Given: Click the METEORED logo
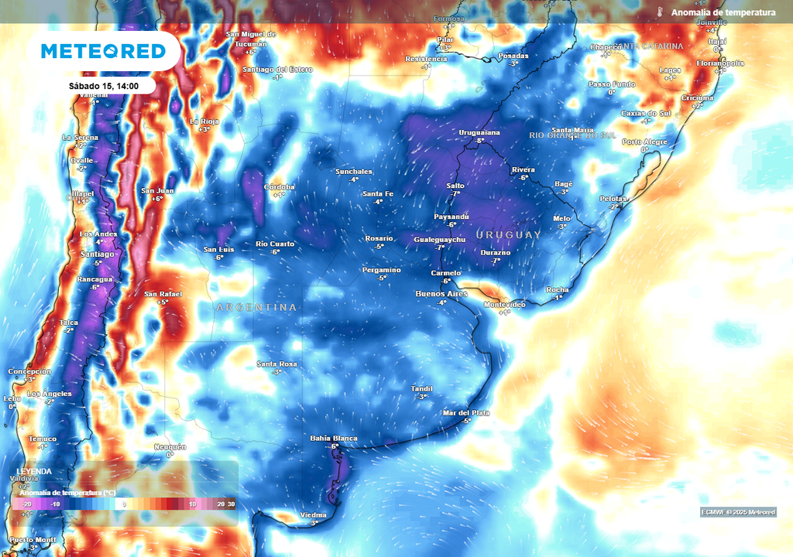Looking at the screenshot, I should [x=103, y=51].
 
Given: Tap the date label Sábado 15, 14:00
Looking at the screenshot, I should [x=103, y=86].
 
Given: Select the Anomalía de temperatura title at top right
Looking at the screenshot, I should [x=723, y=12].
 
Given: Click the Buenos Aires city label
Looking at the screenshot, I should [x=441, y=294].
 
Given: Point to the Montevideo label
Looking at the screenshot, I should [x=504, y=304].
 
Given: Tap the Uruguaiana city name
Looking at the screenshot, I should [x=480, y=132].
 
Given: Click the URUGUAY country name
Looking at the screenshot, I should [x=509, y=234].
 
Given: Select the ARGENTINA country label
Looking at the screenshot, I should [x=256, y=308].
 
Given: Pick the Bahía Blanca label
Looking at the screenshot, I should [x=334, y=439].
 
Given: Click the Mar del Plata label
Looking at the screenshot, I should [x=466, y=413].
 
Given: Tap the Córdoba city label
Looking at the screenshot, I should [x=279, y=186].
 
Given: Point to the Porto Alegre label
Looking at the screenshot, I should [x=644, y=142].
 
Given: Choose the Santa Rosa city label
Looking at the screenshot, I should [x=277, y=364].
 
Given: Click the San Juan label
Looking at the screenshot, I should [x=157, y=190].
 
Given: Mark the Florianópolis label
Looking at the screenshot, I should [x=720, y=63].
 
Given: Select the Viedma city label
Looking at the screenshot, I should [x=314, y=514].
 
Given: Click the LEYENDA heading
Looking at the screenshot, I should [x=35, y=471].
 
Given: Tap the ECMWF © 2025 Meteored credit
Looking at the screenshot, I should [x=738, y=512].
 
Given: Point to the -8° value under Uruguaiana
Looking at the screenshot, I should [x=479, y=141].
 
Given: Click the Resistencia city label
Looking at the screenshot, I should [x=426, y=59].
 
